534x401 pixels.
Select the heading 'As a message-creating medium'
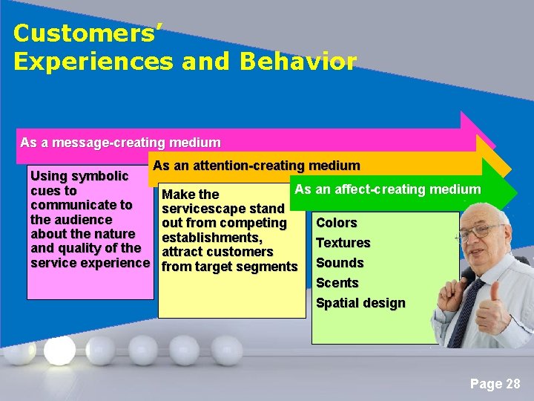point(120,142)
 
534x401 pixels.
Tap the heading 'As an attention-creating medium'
point(257,166)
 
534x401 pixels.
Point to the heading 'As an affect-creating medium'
point(387,189)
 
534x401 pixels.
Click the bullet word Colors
point(337,223)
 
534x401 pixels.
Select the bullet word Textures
point(343,243)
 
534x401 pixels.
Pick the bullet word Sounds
point(340,263)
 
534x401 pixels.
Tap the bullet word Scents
point(337,283)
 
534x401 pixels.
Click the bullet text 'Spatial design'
point(360,303)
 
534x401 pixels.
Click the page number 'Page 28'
point(495,384)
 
